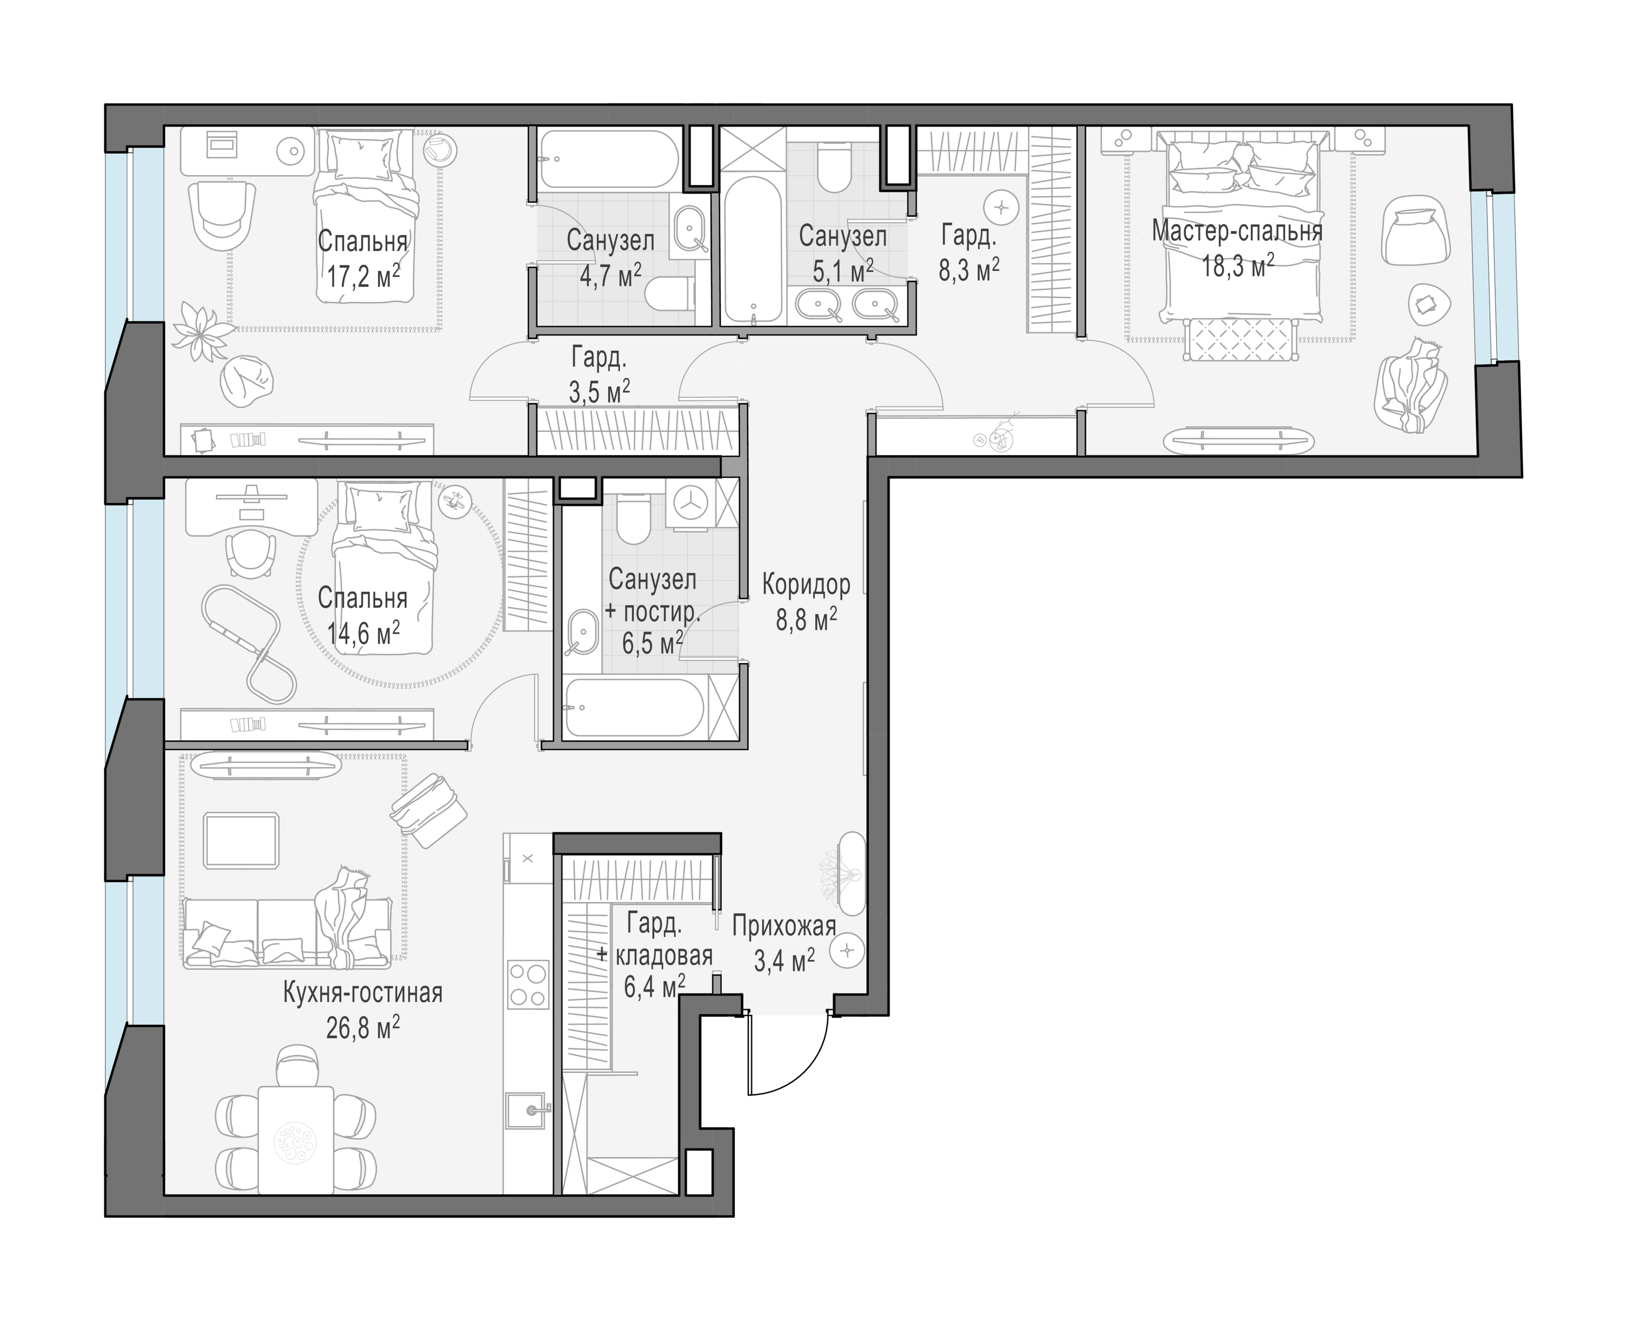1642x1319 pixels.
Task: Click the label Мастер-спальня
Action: pos(1237,231)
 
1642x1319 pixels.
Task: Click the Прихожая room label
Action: pos(784,926)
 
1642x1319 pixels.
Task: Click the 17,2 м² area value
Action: pos(364,275)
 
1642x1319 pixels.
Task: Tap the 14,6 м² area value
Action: pos(364,632)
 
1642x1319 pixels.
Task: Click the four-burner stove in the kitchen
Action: pos(528,984)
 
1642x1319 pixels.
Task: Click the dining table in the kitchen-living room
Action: pos(295,1140)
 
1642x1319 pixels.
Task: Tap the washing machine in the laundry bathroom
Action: pos(692,503)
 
